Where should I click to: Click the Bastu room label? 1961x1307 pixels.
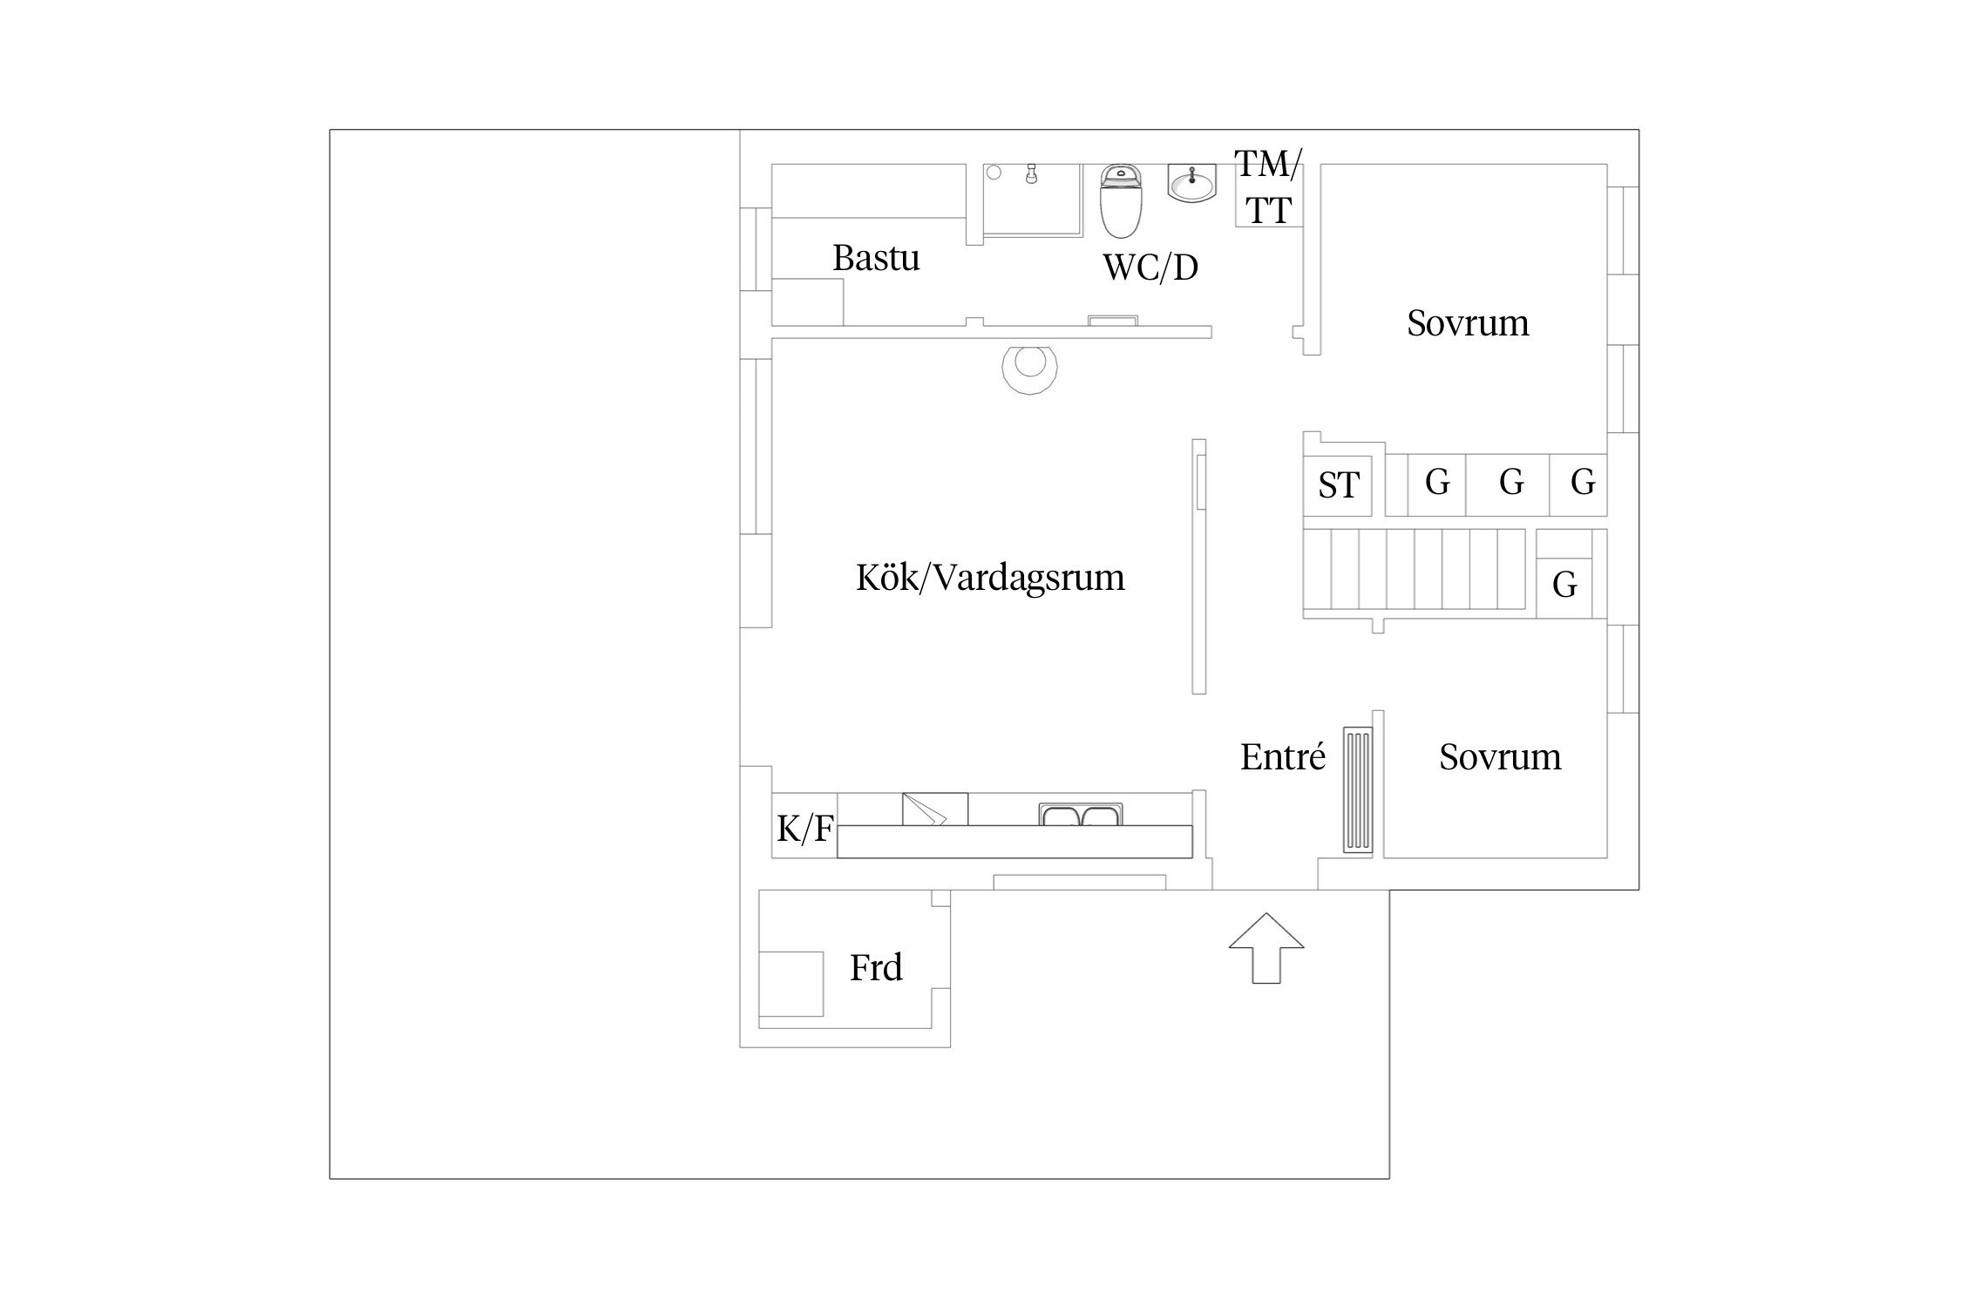(876, 258)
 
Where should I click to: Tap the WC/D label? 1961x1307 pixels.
(1150, 267)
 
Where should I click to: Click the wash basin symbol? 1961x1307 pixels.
(1191, 184)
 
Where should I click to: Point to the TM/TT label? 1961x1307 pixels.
(1268, 186)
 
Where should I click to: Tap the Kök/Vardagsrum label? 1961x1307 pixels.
(990, 578)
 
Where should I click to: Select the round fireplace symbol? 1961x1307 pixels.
(1030, 367)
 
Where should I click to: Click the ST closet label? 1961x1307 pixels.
(1338, 485)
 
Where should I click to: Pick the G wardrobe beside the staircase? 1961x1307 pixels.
(1564, 584)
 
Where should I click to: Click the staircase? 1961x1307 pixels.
(1414, 570)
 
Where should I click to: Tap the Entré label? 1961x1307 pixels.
(1283, 756)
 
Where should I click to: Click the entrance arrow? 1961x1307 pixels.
(1266, 948)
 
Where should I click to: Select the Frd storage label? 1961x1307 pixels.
(876, 967)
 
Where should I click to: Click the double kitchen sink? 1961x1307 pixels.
(1081, 815)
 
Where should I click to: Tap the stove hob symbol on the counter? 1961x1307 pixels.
(934, 809)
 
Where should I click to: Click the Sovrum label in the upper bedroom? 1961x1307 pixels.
(1468, 323)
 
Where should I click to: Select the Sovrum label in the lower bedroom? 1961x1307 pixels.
(1500, 756)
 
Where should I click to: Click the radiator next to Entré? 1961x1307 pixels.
(1358, 789)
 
